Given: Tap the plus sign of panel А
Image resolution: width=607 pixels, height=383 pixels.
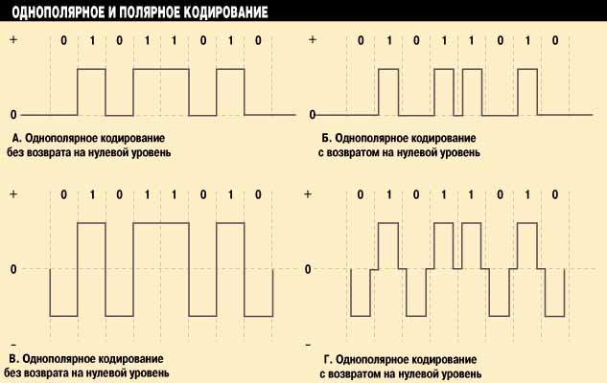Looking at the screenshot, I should [x=13, y=41].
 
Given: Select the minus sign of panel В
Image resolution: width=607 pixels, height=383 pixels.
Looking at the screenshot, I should [x=13, y=342].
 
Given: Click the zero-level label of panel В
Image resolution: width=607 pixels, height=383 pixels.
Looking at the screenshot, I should [x=13, y=269].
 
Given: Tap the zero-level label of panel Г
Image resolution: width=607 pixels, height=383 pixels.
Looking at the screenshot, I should [x=311, y=269].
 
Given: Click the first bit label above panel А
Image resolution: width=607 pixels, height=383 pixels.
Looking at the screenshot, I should [x=63, y=41].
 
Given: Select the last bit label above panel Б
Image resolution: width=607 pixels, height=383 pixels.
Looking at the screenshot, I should [x=555, y=41].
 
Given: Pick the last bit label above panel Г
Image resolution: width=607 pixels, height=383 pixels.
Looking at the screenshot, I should [x=555, y=195].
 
